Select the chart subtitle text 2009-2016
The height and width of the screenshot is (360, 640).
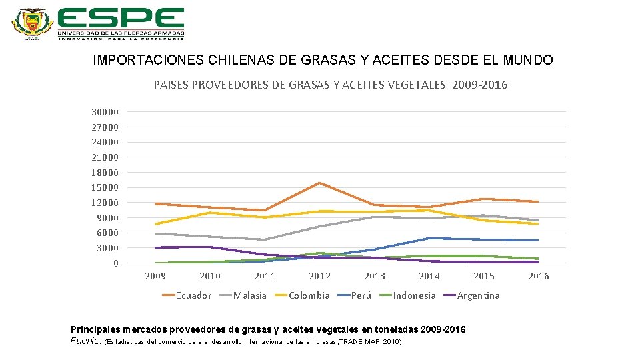click(479, 85)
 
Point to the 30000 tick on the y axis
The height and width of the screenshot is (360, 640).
click(105, 112)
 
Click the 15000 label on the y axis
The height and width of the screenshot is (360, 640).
click(105, 187)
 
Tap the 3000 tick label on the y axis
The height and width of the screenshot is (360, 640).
click(107, 248)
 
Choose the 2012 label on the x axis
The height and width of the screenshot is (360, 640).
click(319, 276)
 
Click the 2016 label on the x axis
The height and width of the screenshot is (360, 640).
click(539, 276)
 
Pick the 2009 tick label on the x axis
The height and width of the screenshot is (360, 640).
click(155, 276)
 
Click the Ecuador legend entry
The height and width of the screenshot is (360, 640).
click(193, 295)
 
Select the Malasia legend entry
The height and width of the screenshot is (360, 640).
click(249, 295)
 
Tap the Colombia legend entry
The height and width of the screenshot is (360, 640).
click(309, 295)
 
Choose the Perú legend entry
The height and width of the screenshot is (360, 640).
click(361, 295)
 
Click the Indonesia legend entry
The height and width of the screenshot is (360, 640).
click(414, 295)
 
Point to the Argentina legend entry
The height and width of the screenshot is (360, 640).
click(478, 295)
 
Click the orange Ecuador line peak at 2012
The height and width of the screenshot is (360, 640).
click(320, 183)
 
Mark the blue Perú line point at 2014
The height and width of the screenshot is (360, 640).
click(429, 238)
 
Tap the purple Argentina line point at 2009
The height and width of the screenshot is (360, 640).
click(155, 247)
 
